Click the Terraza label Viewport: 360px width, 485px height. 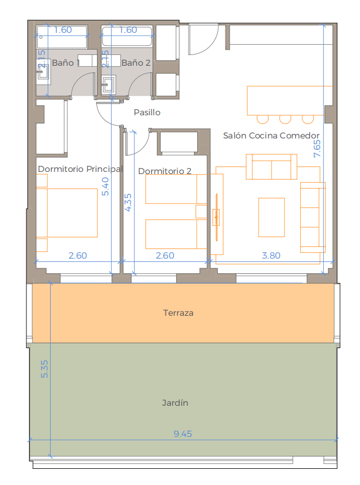coord(178,313)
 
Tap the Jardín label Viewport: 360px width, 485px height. coord(175,403)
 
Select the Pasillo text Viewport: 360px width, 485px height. coord(147,112)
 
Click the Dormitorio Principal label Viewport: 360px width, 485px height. coord(80,169)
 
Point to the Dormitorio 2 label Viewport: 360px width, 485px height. coord(164,171)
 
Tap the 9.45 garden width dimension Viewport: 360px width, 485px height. coord(183,434)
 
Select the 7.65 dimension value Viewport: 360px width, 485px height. coord(317,149)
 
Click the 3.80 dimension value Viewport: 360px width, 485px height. coord(271,255)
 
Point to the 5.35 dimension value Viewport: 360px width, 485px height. coord(45,369)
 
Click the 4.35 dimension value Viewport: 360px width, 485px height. coord(128,202)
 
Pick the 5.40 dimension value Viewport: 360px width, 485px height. coord(106,186)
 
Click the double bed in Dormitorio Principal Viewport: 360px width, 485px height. coord(67,213)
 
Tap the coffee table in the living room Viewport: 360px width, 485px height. coord(271,217)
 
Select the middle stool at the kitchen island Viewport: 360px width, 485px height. coord(285,119)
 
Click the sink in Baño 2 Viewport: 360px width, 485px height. coord(108,84)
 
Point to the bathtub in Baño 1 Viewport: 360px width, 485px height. coord(62,37)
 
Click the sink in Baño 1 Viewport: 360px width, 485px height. coord(43,72)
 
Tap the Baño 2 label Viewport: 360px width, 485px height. coord(136,63)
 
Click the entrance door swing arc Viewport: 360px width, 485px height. coord(210,44)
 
